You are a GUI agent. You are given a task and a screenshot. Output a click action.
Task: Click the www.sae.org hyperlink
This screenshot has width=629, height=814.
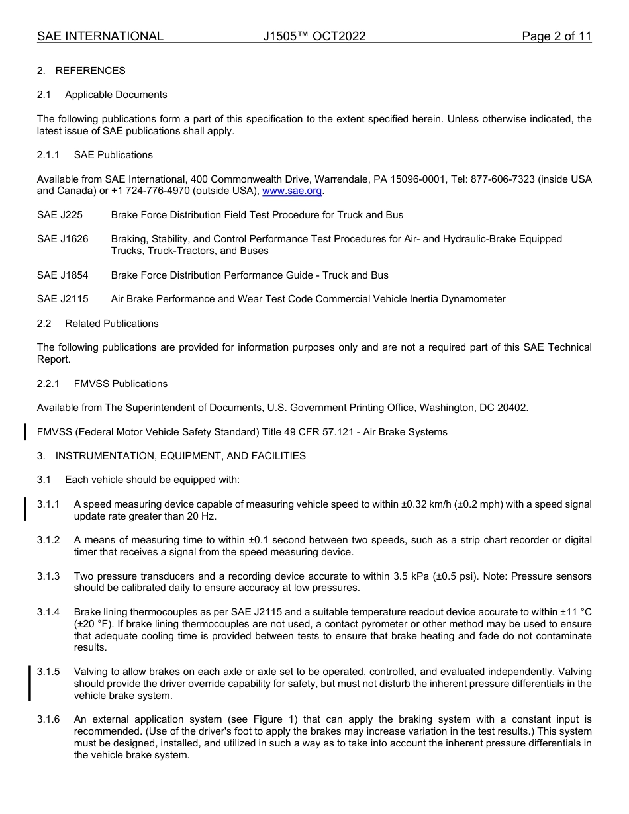click(293, 191)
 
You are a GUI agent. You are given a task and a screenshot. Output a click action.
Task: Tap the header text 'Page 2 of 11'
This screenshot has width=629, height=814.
click(556, 36)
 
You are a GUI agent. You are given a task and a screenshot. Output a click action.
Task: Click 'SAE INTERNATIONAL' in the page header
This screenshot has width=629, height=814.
click(100, 36)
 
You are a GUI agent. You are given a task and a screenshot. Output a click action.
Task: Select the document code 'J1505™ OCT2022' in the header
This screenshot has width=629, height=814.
click(314, 36)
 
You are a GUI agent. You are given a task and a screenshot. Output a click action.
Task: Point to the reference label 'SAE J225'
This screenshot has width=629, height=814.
click(60, 215)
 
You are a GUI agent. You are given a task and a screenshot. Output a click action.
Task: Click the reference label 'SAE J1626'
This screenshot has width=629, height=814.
click(62, 239)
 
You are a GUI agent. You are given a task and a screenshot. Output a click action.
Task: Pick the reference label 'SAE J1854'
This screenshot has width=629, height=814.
click(62, 275)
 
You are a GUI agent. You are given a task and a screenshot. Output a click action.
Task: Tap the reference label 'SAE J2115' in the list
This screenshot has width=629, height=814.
click(62, 299)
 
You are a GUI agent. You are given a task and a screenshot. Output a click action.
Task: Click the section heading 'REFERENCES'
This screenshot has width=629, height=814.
click(90, 71)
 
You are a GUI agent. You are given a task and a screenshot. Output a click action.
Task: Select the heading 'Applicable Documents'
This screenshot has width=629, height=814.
click(116, 95)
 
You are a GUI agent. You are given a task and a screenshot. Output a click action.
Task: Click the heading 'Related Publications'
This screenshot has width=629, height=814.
click(111, 324)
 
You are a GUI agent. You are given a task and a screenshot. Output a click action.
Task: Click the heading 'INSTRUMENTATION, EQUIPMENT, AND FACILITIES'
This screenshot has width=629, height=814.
click(180, 456)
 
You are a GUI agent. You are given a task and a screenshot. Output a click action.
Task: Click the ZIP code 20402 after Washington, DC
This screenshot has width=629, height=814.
click(514, 408)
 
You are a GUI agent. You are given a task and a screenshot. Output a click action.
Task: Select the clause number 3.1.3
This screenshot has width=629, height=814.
click(48, 576)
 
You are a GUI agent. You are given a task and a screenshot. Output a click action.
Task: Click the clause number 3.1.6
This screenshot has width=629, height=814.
click(48, 719)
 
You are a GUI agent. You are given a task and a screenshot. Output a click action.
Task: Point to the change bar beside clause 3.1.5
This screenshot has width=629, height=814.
click(30, 684)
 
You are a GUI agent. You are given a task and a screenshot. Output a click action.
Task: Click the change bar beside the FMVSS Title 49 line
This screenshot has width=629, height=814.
click(25, 432)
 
